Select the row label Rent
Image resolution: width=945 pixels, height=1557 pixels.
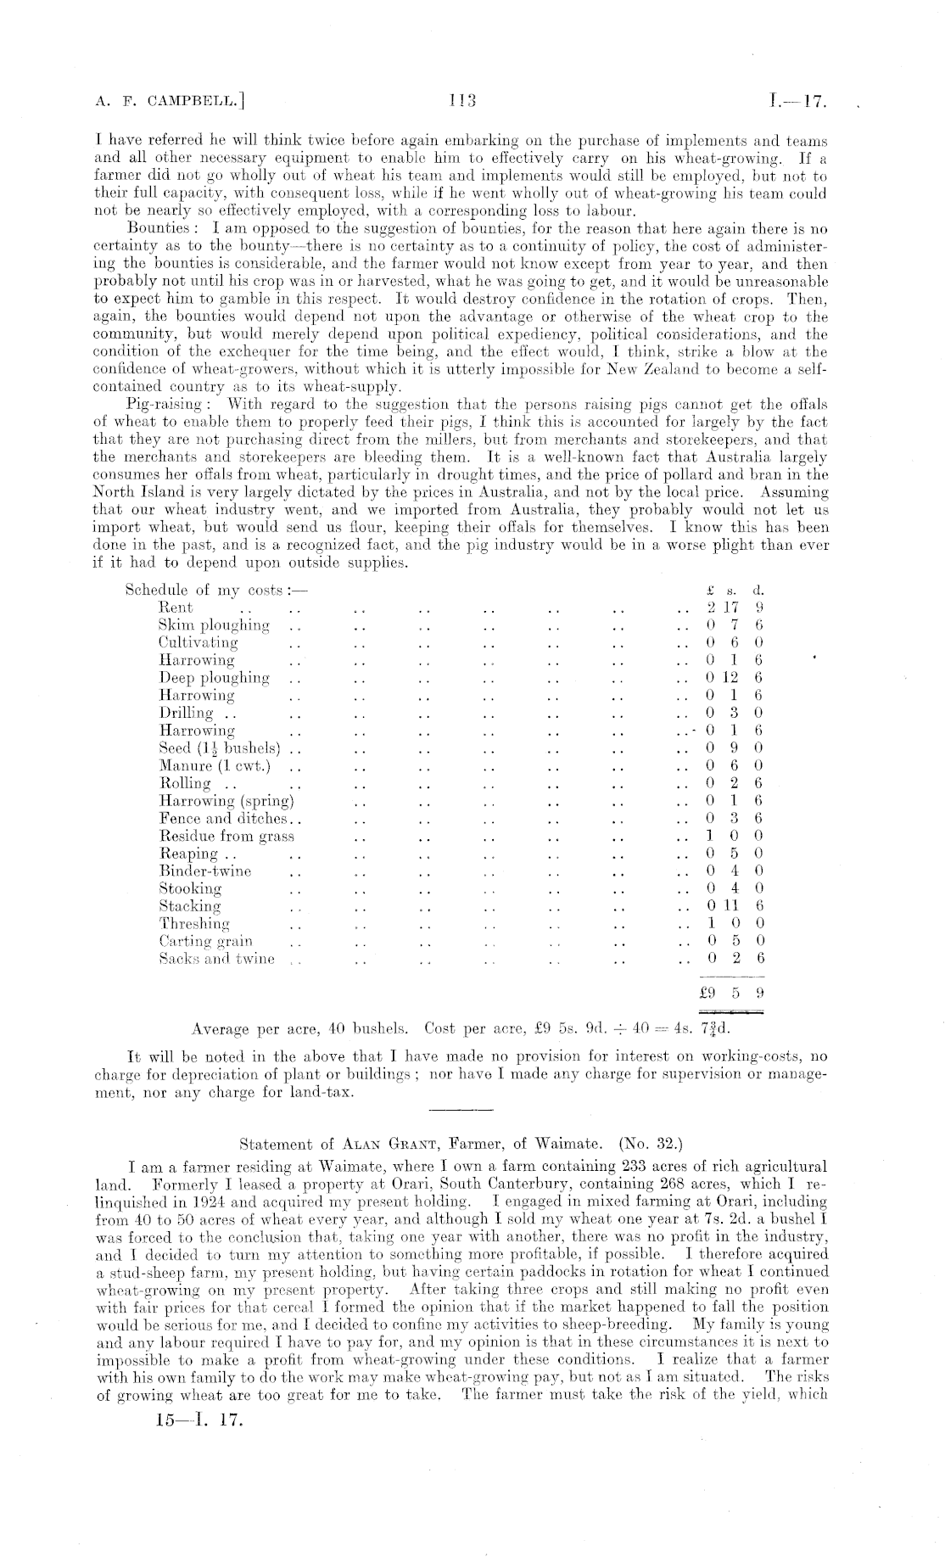(x=176, y=608)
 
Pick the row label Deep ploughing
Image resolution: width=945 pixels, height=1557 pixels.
(x=214, y=678)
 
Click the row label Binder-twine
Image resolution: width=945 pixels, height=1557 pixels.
(x=205, y=871)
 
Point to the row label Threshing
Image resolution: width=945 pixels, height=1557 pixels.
(x=194, y=923)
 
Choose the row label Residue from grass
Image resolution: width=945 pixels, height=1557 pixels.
(x=226, y=836)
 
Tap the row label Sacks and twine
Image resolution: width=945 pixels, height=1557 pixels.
(x=217, y=959)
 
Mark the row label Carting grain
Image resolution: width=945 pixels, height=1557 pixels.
(x=205, y=941)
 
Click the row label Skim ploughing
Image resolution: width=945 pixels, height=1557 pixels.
(x=214, y=625)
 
